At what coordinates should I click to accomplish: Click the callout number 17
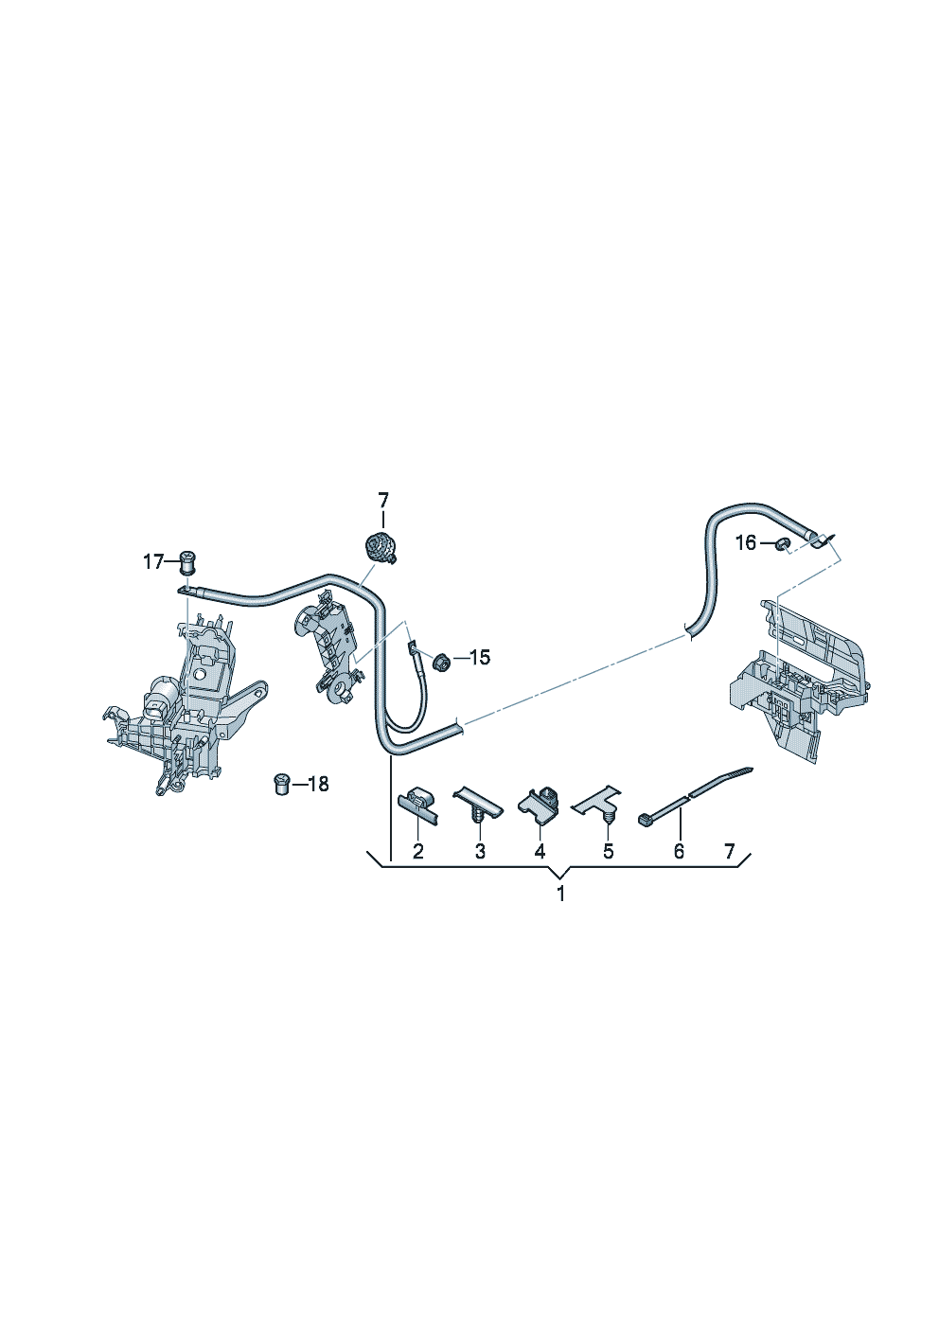click(x=153, y=562)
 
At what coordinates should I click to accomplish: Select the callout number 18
click(x=317, y=784)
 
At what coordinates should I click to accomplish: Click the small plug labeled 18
click(x=281, y=783)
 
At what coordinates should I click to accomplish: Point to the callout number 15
click(x=480, y=657)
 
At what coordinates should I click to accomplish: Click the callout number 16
click(x=746, y=542)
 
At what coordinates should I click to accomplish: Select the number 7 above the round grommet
click(x=383, y=500)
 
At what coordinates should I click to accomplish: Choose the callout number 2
click(x=418, y=852)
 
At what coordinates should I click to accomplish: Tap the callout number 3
click(x=480, y=852)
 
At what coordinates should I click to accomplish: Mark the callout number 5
click(x=608, y=852)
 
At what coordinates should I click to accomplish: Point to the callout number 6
click(x=679, y=852)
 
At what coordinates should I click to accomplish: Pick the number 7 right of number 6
click(x=729, y=852)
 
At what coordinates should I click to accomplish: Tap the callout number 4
click(x=540, y=852)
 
